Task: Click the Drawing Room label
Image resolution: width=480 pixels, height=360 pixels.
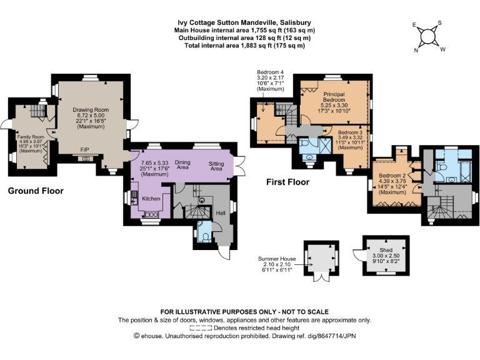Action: (91, 110)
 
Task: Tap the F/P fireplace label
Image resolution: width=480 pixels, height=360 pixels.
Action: (85, 150)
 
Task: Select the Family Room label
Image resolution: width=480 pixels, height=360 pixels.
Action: (31, 137)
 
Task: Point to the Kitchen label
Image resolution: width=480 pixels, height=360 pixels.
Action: (151, 199)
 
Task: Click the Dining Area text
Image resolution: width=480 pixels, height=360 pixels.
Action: (182, 165)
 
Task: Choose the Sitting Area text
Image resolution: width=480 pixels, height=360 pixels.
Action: (216, 166)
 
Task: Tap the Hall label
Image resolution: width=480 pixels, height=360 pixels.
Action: (221, 213)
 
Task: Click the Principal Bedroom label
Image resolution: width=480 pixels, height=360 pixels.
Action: (334, 97)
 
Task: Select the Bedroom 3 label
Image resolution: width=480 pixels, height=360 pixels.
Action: (350, 132)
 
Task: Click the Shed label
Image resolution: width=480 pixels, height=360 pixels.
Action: (386, 250)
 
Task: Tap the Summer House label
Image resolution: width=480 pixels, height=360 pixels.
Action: (277, 259)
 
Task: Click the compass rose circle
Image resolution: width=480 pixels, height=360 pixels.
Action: (428, 37)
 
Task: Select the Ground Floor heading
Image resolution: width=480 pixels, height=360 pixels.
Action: (36, 191)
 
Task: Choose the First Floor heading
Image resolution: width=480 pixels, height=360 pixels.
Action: (287, 182)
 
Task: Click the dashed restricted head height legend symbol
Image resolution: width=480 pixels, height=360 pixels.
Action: (201, 329)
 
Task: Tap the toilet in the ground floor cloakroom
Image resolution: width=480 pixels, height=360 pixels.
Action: (206, 238)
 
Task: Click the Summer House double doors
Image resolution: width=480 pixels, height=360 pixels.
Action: (321, 277)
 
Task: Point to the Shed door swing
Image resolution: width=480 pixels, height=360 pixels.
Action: (357, 256)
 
